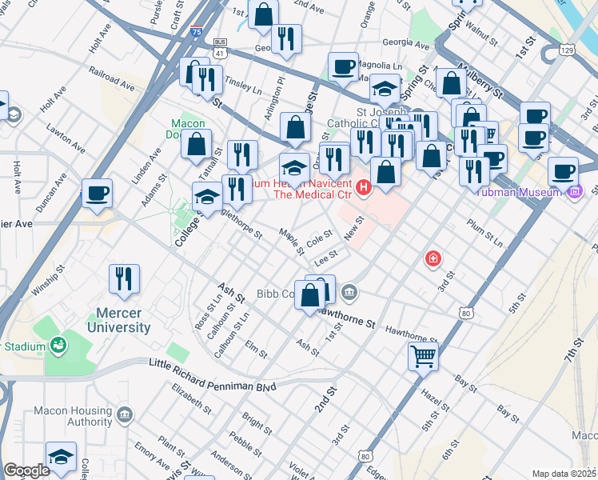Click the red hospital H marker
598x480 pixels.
tap(365, 188)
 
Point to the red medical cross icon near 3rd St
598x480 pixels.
tap(433, 258)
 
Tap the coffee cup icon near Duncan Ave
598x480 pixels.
tap(97, 193)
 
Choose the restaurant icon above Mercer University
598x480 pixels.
tap(124, 278)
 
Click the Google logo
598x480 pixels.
tap(26, 470)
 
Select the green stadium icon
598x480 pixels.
tap(58, 346)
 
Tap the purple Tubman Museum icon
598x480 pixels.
tap(574, 191)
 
